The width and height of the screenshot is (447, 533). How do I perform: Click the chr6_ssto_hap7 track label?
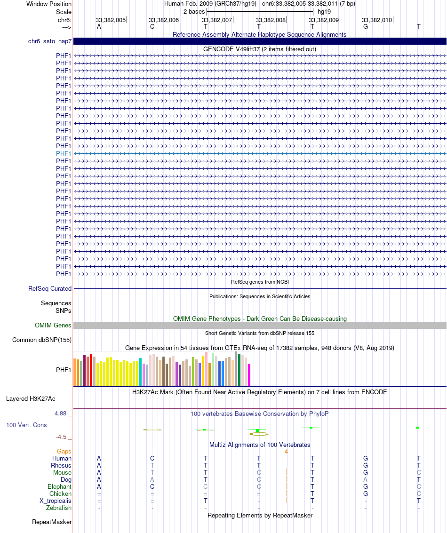[49, 41]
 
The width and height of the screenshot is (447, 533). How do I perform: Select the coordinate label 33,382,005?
[111, 20]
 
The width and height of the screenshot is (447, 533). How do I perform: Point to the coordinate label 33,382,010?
[377, 20]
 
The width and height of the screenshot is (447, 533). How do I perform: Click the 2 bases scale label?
[194, 11]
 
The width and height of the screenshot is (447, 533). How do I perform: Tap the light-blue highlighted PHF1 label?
[64, 153]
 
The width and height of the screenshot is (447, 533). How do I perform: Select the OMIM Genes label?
[53, 326]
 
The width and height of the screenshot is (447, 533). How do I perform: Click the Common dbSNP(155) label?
[42, 340]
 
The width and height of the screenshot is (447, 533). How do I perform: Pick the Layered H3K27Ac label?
[31, 399]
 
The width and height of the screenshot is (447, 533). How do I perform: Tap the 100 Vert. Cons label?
[26, 425]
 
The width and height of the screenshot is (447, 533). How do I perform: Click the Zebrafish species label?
[59, 508]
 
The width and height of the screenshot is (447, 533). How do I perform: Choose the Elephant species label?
[59, 487]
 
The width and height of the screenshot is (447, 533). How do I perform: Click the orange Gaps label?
[64, 452]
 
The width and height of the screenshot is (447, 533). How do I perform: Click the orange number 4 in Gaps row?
[286, 452]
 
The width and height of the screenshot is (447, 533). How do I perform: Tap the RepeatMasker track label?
[52, 522]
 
